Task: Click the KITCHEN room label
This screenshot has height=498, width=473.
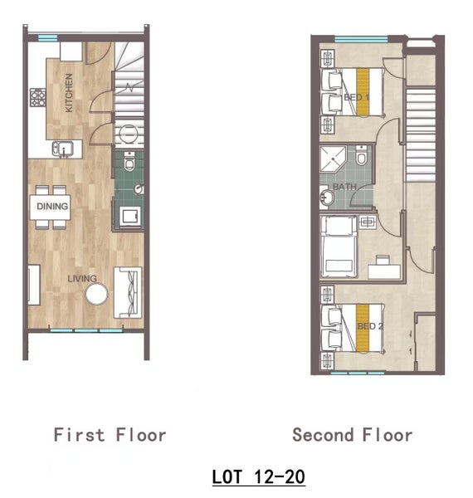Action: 69,93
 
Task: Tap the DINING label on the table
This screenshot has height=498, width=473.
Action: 52,207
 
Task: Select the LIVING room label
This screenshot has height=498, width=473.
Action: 82,279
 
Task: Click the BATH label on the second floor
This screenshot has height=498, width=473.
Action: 344,187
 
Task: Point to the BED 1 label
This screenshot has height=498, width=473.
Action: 357,97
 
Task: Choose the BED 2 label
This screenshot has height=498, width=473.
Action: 370,326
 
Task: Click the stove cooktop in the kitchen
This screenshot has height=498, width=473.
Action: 38,97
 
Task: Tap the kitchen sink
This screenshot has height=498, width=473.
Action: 63,149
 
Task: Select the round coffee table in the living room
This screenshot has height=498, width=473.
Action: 96,294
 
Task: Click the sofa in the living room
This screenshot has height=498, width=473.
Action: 128,292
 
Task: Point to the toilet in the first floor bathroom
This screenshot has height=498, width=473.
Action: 129,161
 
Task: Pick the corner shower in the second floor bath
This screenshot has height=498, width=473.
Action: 333,159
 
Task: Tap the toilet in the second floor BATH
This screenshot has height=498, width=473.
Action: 361,155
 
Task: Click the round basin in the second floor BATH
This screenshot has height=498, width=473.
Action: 327,198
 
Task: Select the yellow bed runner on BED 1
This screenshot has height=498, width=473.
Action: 363,92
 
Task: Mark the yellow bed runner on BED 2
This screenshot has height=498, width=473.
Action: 362,328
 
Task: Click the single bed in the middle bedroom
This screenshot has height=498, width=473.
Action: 339,247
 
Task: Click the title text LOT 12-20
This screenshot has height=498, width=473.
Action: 259,476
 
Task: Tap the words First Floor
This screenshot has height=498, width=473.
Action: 110,435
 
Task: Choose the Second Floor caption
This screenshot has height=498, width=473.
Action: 353,435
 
